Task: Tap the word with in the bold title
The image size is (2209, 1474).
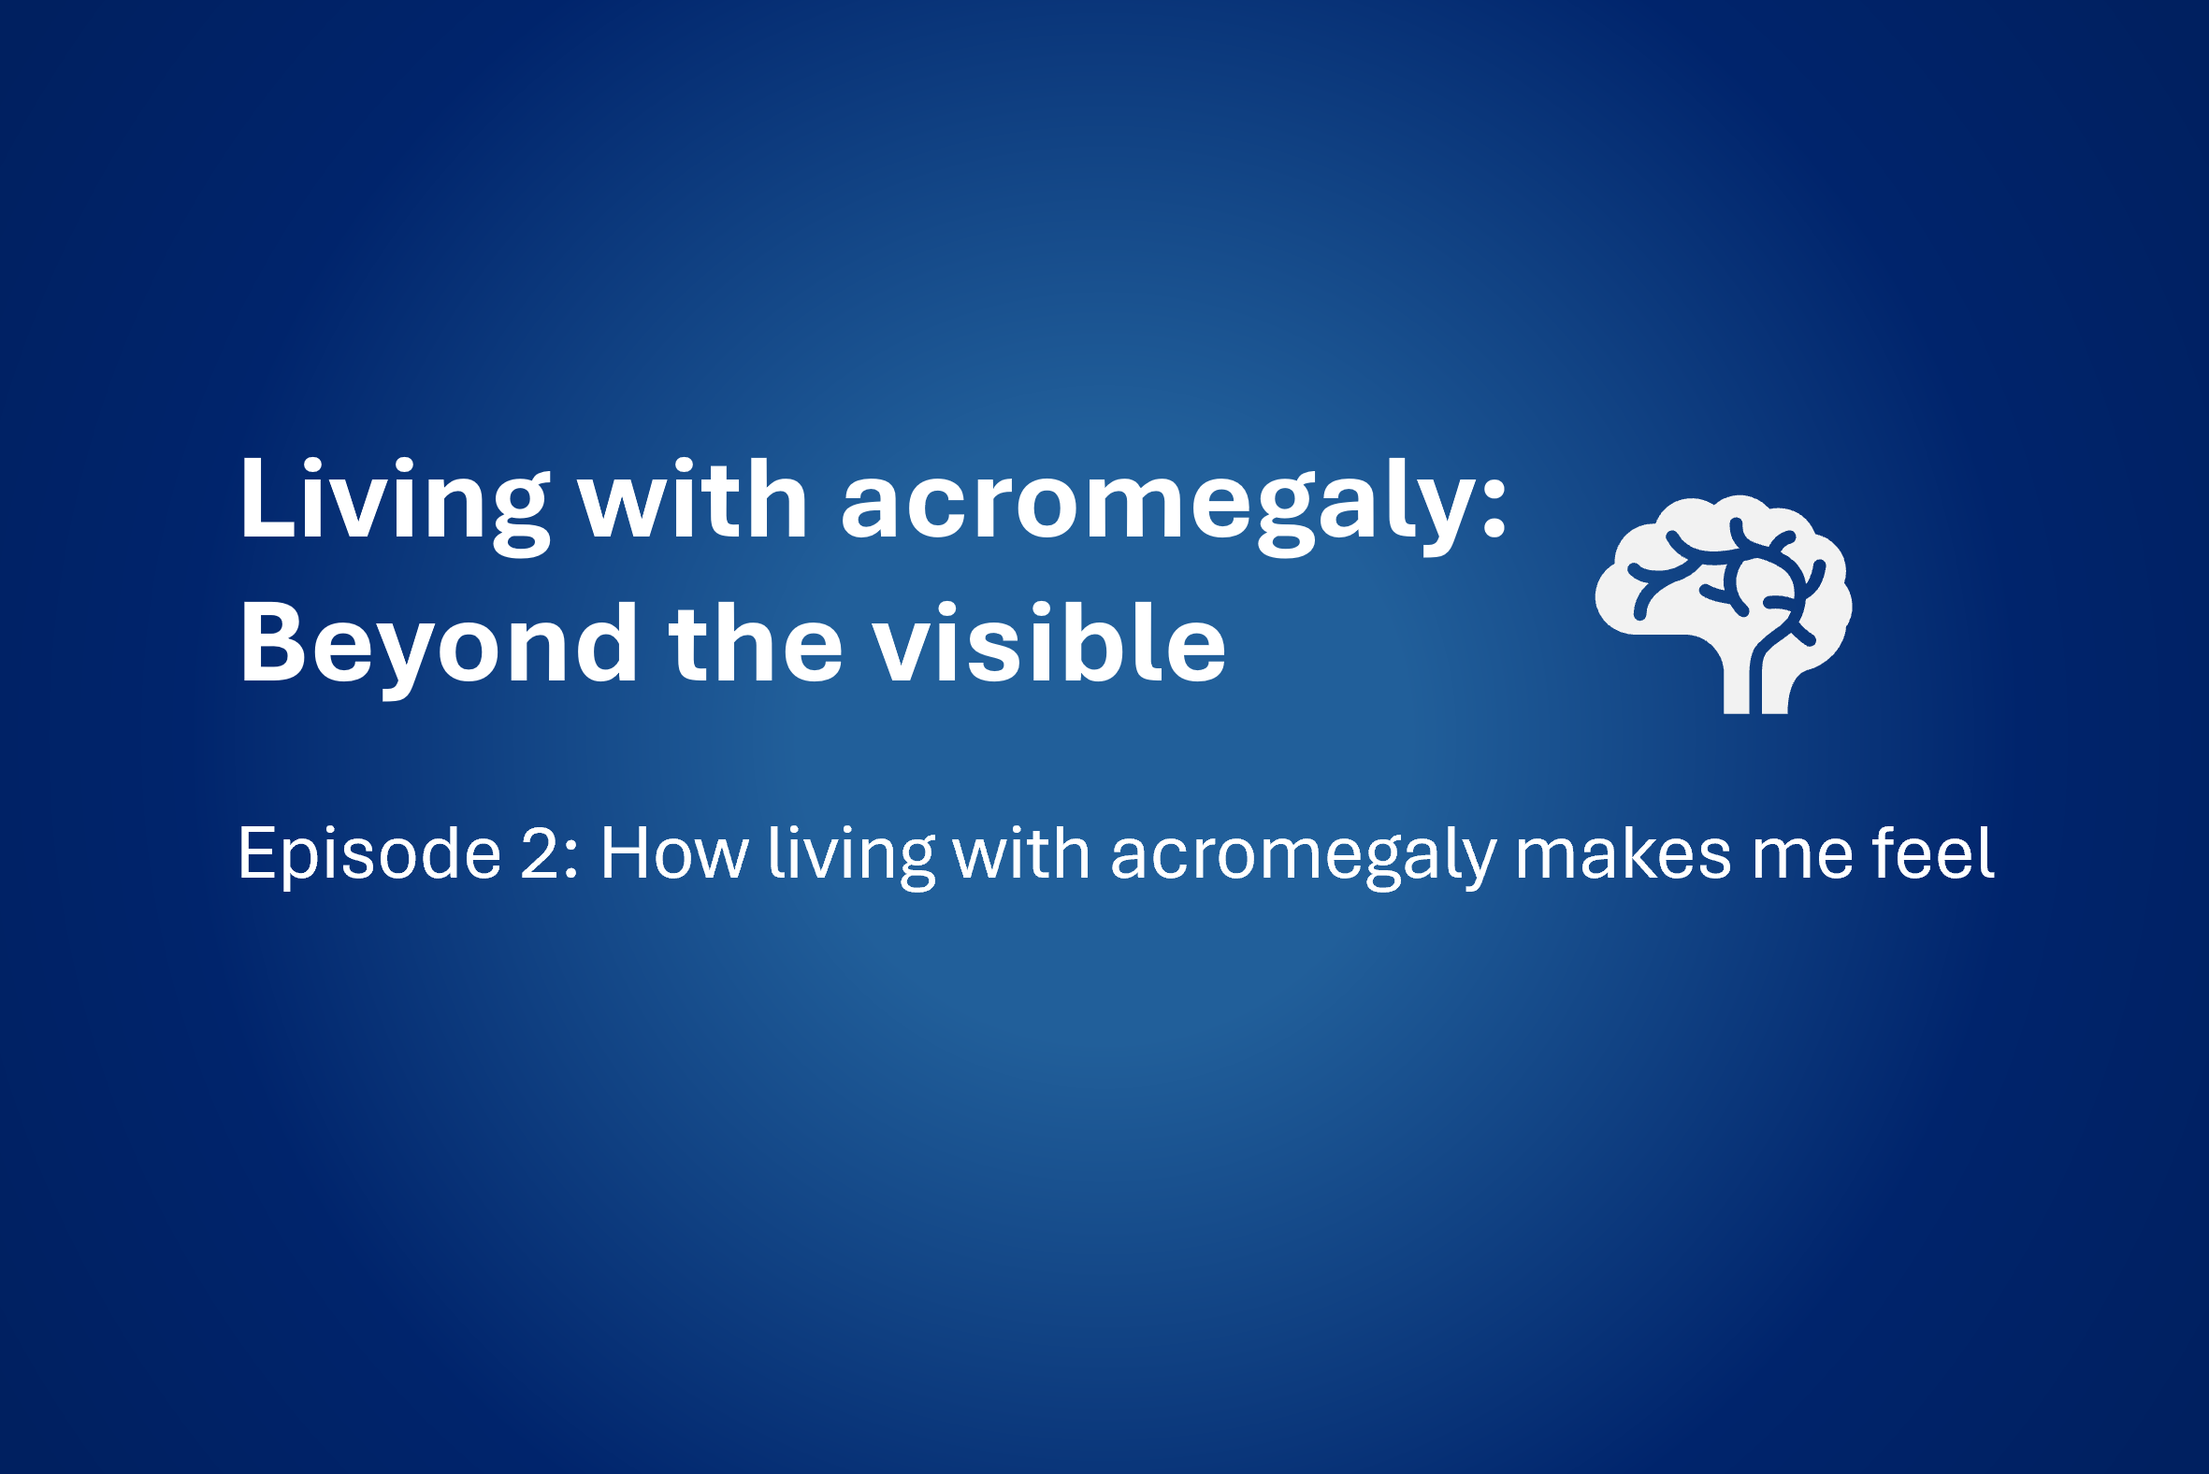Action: [693, 499]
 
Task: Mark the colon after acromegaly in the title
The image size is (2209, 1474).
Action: [1494, 513]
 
